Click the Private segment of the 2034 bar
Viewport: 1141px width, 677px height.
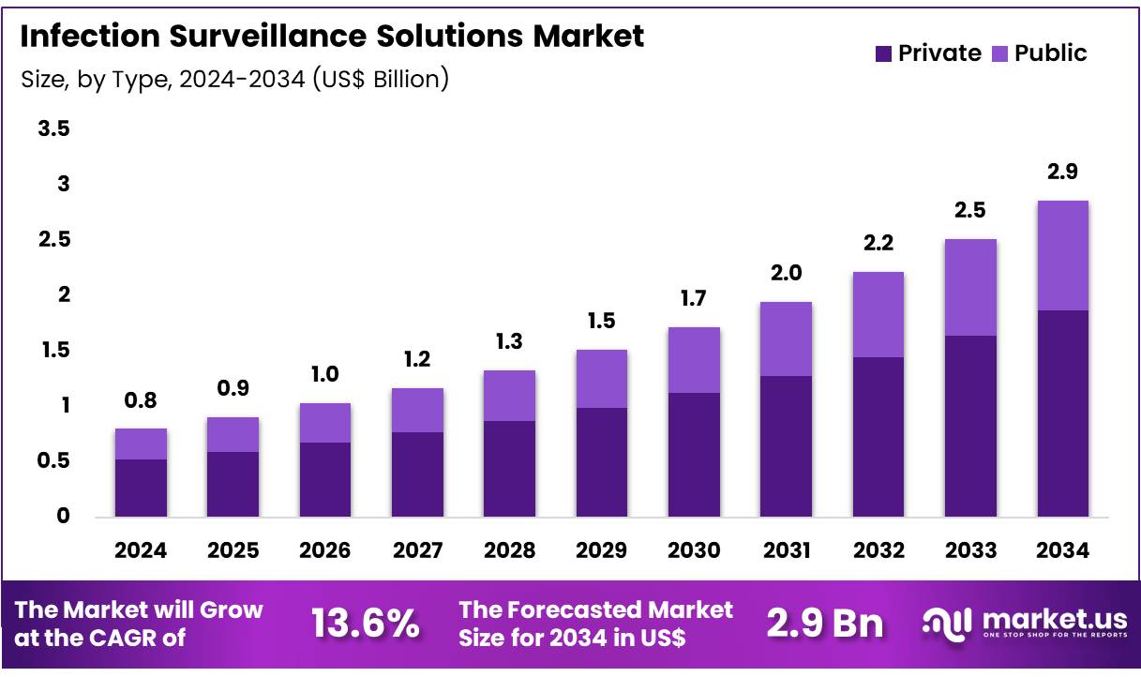pos(1062,413)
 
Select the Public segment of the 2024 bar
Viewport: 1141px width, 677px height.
pos(141,444)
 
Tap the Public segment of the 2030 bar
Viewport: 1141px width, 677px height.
pos(694,359)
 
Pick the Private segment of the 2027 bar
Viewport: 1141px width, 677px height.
pos(417,474)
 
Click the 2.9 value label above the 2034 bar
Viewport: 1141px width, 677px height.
pos(1062,172)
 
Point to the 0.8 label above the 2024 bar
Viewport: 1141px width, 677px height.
pos(141,400)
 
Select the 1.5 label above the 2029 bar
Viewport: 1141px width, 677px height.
pos(602,322)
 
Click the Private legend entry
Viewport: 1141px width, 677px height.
pos(938,53)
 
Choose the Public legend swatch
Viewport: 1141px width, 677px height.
pos(1002,53)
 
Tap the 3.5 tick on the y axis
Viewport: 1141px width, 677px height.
pos(53,128)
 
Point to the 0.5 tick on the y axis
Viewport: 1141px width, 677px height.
pos(53,460)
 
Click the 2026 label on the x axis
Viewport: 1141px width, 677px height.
pos(325,550)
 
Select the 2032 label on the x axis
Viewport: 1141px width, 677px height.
pos(878,550)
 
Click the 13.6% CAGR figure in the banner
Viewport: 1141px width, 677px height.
pos(366,624)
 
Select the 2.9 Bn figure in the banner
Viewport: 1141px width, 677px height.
pos(825,624)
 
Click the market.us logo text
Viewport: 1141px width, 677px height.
pos(1051,619)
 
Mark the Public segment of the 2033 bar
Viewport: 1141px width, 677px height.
pos(970,287)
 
